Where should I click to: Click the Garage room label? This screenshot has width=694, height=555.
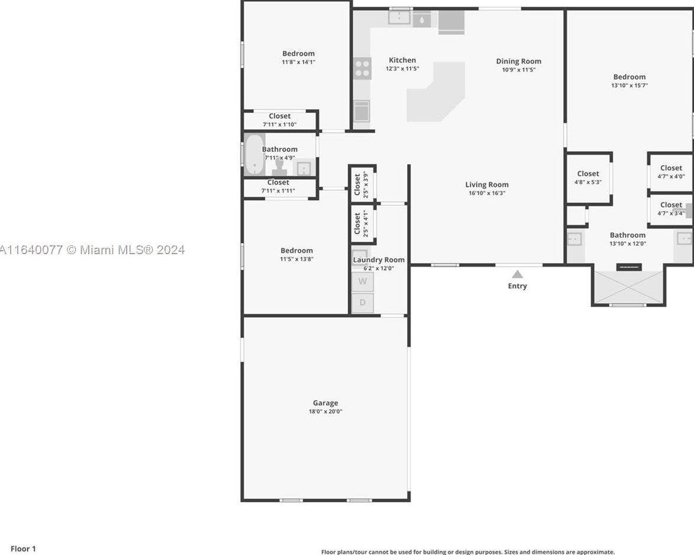point(325,403)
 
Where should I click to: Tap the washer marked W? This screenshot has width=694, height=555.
point(363,282)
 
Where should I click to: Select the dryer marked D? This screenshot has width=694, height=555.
point(363,303)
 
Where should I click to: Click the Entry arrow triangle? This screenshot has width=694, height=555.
point(517,274)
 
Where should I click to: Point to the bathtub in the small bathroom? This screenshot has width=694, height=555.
point(254,155)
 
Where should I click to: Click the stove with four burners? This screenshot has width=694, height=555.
point(363,68)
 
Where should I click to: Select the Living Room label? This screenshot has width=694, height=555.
point(486,184)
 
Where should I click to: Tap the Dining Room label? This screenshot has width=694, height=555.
point(518,61)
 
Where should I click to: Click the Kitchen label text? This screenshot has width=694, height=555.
point(402,60)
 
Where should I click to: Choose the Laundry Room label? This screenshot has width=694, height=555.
point(379,259)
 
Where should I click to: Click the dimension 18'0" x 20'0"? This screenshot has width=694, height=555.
point(325,411)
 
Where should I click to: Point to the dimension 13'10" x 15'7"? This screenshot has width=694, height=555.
point(629,85)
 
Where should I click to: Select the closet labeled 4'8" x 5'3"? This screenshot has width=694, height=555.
point(588,177)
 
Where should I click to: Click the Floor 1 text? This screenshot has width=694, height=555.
point(23,548)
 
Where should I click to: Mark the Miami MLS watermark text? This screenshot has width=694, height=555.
point(92,250)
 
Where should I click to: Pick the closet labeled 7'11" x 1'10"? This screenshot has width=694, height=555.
point(279,120)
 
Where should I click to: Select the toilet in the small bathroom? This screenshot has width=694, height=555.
point(279,166)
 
